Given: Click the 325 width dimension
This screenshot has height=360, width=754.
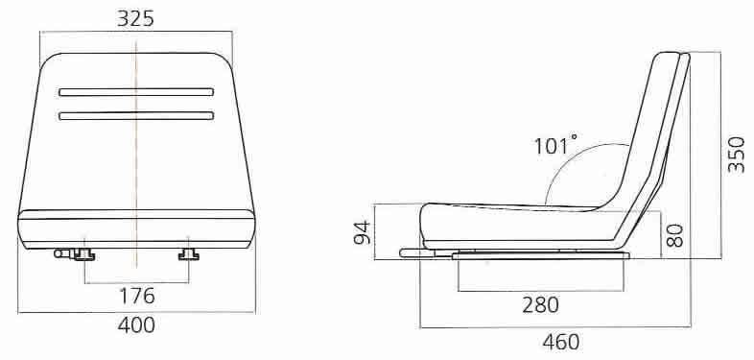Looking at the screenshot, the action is [x=135, y=18].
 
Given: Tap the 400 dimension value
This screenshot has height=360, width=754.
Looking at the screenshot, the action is [x=136, y=325].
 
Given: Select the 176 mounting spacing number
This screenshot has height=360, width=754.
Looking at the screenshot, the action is [x=137, y=296].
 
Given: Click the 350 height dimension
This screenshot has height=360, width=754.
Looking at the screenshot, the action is [x=736, y=155].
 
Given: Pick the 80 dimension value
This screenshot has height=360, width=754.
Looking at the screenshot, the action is [x=675, y=235].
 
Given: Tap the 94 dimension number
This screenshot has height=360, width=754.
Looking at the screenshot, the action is [x=363, y=232].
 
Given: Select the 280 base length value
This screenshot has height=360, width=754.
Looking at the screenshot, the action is [x=540, y=304].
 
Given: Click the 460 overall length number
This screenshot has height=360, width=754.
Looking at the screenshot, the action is [x=561, y=342].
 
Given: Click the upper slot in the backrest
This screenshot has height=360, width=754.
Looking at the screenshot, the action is [x=136, y=92].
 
